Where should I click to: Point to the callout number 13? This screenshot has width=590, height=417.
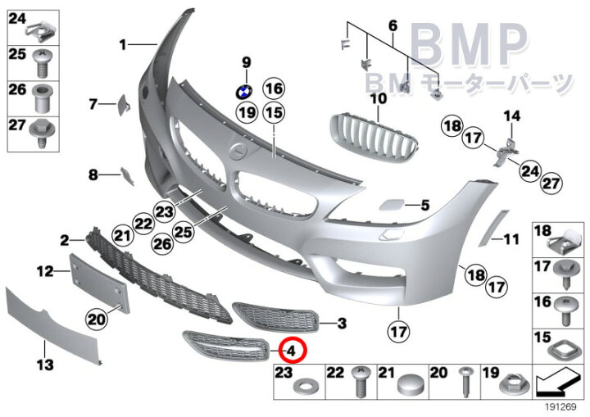point(45,364)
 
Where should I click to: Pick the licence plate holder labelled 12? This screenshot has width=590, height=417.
point(100,283)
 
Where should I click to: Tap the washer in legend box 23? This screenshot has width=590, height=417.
point(305,387)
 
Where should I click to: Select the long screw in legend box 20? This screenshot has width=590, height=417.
point(466,382)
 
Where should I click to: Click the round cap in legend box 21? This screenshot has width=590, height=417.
point(411,384)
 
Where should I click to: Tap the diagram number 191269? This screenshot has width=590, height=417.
point(560,407)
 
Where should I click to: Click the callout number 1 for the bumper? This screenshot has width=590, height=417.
point(123,45)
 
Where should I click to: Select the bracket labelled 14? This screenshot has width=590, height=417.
point(506,152)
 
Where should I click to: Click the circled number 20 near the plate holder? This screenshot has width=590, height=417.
point(97,320)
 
